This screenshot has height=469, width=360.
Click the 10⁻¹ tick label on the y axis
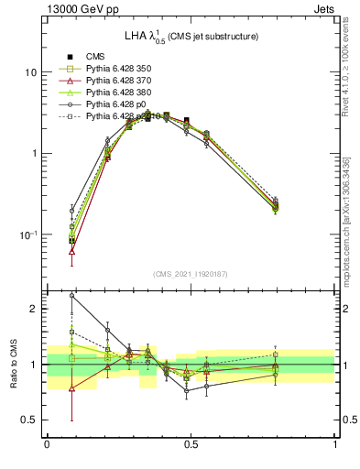28,235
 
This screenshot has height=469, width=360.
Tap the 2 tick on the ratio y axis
35,309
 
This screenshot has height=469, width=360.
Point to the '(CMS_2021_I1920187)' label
191,274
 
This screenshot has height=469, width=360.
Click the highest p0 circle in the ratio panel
72,296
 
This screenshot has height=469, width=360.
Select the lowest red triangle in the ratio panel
72,387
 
